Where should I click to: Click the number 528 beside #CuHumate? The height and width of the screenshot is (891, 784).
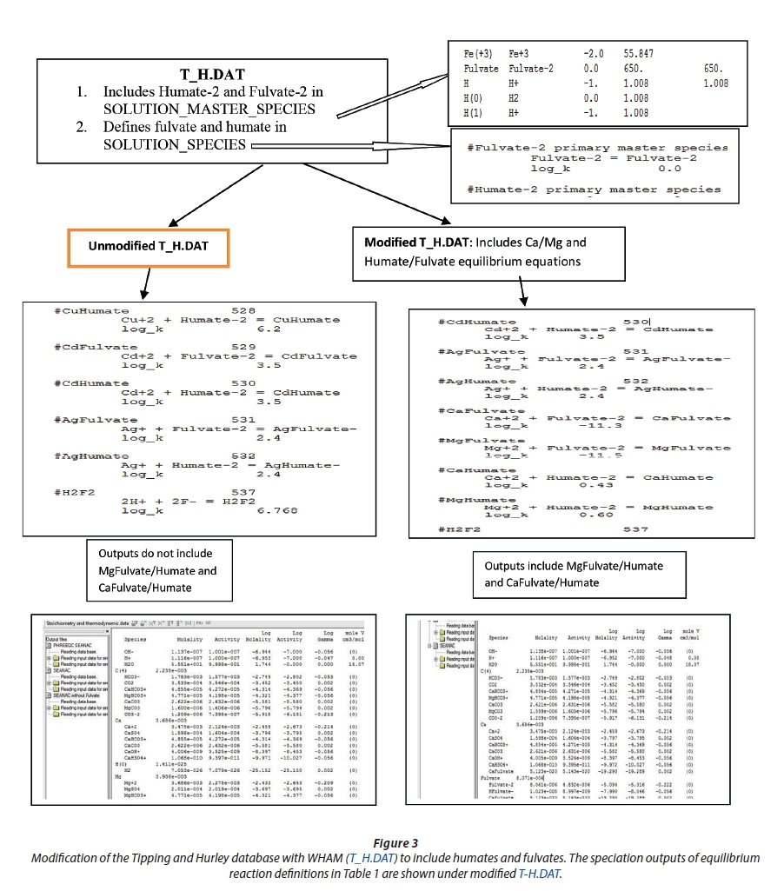(x=243, y=309)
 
